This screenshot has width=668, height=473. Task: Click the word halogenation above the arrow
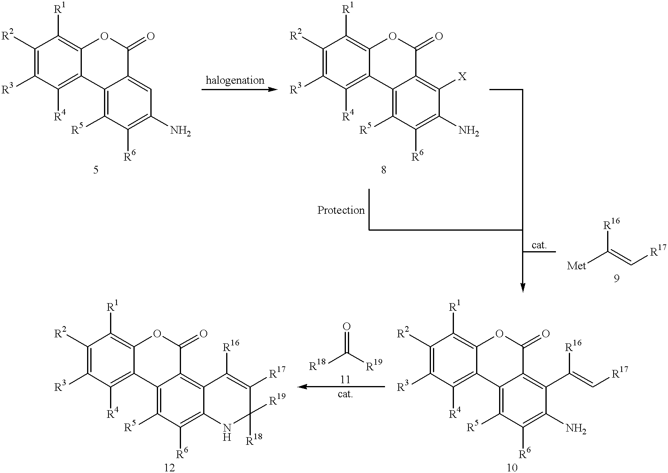coord(235,81)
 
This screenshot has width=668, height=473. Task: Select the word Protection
coord(341,210)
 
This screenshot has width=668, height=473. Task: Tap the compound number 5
coord(96,170)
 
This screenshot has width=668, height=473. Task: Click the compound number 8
coord(384,170)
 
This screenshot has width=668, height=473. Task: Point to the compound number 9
coord(616,278)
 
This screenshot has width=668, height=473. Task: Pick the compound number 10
coord(512,467)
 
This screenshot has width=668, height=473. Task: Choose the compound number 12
coord(169,467)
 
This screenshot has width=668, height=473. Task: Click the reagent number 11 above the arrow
coord(345,380)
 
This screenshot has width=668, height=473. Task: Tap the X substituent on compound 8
coord(462,77)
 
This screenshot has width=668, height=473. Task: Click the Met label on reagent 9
coord(576,265)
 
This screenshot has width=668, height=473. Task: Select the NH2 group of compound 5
coord(180,131)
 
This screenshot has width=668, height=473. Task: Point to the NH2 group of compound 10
coord(576,429)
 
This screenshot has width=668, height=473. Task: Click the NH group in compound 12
coord(227,433)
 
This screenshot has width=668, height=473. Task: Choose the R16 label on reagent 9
coord(611,223)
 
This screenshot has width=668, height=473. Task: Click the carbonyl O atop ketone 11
coord(347,327)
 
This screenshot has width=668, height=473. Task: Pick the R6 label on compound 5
coord(129,155)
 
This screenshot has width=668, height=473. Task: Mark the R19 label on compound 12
coord(277,399)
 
